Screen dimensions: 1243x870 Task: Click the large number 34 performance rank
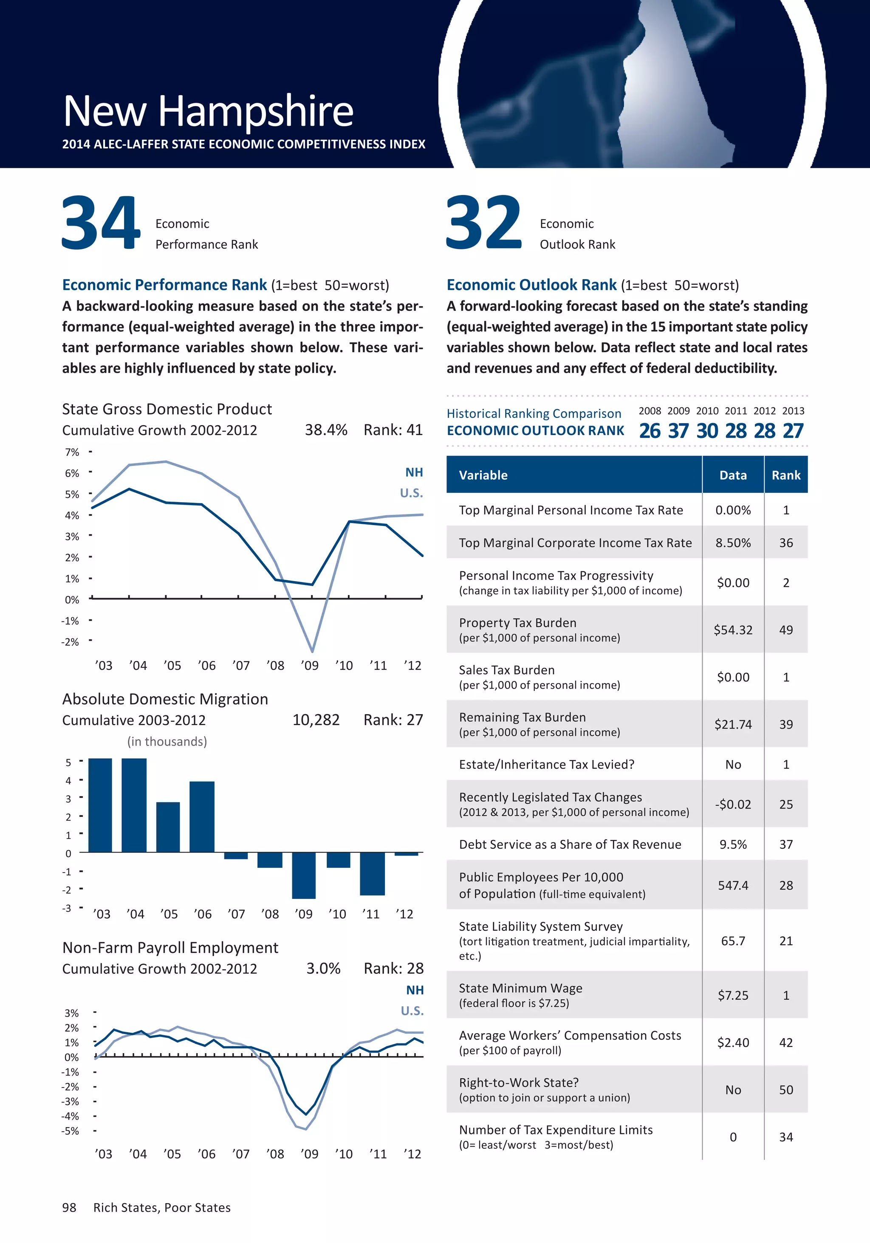coord(101,223)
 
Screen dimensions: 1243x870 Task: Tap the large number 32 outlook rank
coord(483,223)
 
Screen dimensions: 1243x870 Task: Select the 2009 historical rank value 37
coord(678,431)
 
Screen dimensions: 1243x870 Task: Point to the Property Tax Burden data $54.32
coord(733,630)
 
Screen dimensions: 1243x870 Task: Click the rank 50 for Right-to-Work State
coord(785,1090)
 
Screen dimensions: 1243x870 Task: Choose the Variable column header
coord(483,475)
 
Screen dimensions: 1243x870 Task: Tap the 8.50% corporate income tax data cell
coord(733,543)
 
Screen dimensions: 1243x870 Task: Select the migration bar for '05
coord(168,827)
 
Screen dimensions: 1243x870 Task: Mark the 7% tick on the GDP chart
coord(72,452)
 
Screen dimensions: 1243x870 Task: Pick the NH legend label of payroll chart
coord(415,990)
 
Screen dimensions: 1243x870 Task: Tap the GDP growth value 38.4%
coord(326,430)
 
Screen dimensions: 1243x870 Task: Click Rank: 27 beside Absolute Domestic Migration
coord(393,720)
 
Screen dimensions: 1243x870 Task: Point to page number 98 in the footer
coord(69,1208)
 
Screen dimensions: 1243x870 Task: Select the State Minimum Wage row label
coord(520,989)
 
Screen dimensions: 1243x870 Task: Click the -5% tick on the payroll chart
coord(71,1131)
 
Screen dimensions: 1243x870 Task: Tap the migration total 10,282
coord(316,720)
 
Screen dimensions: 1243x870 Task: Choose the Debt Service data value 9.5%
coord(733,845)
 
